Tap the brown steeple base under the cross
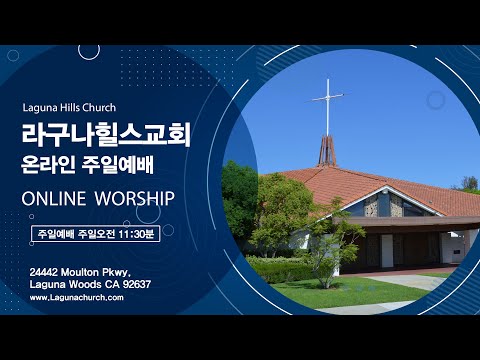coord(327,151)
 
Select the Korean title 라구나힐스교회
coord(107,135)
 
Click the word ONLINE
coord(54,198)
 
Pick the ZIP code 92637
coord(133,284)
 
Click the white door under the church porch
coord(386,250)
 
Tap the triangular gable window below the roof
coord(384,205)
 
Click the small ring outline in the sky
coord(435,100)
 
